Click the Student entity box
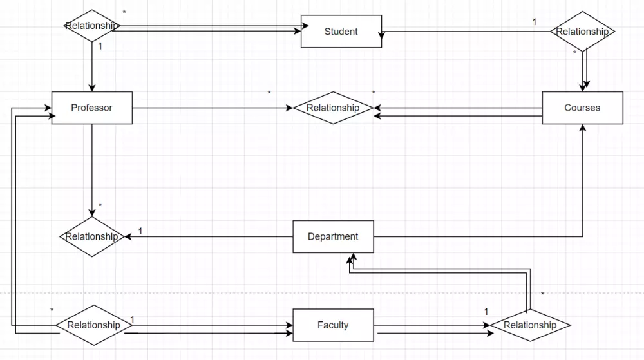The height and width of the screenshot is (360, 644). tap(341, 32)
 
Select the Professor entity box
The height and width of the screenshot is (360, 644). tap(91, 108)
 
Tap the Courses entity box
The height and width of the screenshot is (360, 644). tap(582, 108)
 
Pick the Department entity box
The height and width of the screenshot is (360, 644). tap(333, 236)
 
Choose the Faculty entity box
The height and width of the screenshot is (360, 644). tap(333, 325)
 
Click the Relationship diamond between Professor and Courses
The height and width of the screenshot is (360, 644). tap(333, 108)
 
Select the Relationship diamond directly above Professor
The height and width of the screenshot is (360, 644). tap(92, 26)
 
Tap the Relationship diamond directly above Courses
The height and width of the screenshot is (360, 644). tap(582, 32)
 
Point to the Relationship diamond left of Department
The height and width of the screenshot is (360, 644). tap(92, 236)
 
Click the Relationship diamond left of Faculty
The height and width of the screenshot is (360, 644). tap(94, 325)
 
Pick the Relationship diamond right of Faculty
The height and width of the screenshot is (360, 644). tap(530, 325)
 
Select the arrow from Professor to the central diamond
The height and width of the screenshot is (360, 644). tap(213, 108)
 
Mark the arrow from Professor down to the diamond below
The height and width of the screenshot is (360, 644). tap(92, 167)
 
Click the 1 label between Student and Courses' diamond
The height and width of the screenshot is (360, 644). tap(534, 22)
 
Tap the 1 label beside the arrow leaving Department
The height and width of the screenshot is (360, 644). tap(140, 231)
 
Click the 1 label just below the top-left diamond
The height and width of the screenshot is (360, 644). tap(100, 46)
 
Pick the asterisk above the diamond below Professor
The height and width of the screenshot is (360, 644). tap(100, 206)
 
